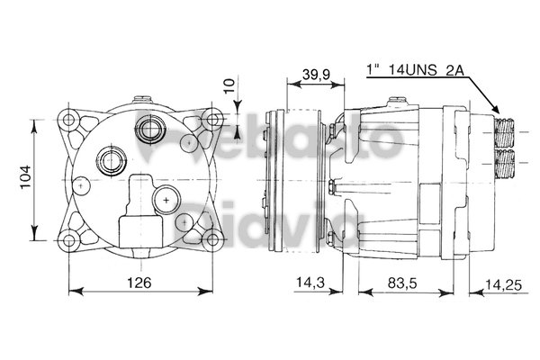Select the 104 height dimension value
point(26,179)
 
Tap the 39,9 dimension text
point(314,73)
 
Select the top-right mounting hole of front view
point(213,119)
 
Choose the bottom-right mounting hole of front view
point(213,238)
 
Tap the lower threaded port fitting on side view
point(505,162)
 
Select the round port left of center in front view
point(114,161)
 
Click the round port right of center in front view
point(167,196)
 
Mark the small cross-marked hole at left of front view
point(81,184)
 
